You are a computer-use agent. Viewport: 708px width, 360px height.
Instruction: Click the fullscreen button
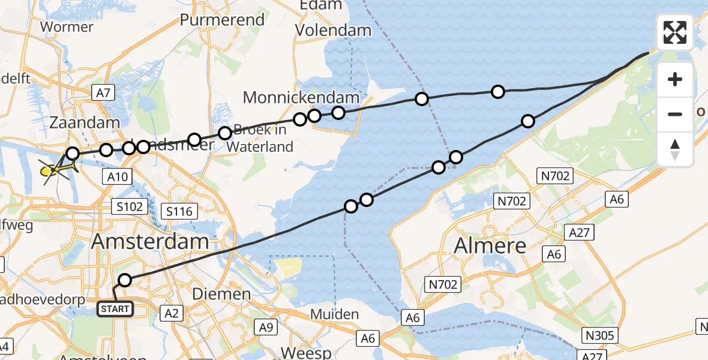coord(675,32)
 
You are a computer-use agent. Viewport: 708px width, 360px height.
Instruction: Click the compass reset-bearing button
coord(675,149)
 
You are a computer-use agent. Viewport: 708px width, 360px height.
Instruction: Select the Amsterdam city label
coord(150,242)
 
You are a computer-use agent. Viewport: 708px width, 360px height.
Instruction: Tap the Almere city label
coord(490,245)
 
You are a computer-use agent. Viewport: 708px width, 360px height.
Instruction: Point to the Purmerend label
coord(223,20)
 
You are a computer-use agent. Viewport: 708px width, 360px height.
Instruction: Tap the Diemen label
coord(222,294)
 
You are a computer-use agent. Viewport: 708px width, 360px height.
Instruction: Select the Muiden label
coord(334,314)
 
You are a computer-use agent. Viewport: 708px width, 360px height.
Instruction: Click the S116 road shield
coord(179,211)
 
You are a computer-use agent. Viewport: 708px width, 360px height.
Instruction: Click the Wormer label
coord(66,27)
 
